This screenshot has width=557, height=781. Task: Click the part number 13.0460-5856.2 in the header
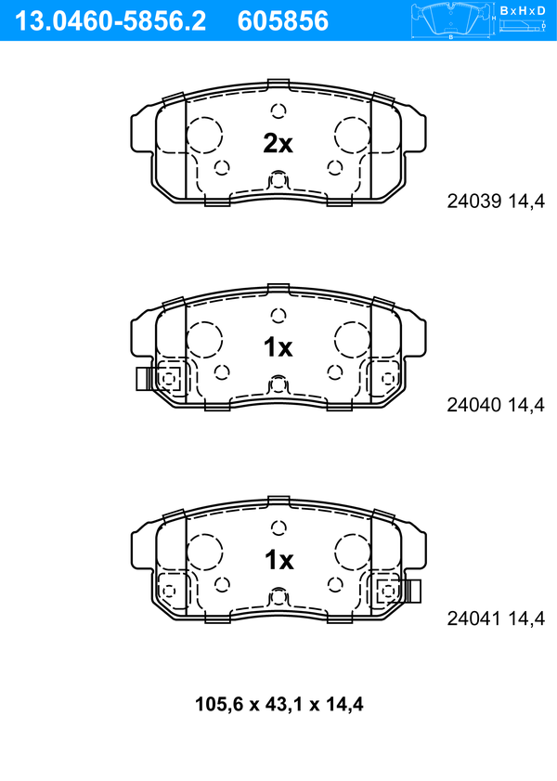110,21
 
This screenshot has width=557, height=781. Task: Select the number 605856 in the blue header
283,21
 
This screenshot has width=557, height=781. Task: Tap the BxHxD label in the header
523,10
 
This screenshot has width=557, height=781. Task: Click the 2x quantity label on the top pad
278,143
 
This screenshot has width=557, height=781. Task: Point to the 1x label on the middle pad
278,346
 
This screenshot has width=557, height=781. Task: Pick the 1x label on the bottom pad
278,560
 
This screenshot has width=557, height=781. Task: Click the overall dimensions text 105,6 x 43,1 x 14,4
278,704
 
